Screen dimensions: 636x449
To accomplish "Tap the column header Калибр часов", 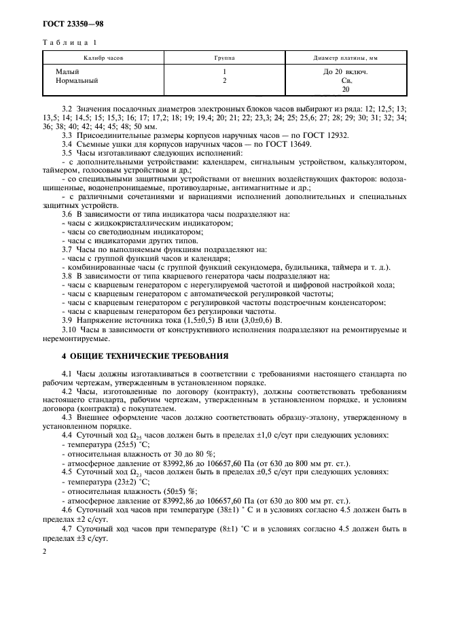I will coord(103,58).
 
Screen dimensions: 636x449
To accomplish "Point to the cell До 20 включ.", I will coord(346,71).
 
